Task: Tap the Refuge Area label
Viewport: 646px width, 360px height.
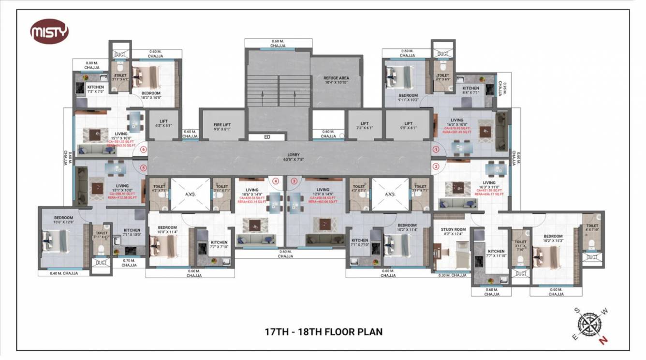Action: [337, 80]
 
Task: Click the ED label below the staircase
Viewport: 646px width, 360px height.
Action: [267, 137]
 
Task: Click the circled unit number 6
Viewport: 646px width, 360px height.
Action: [143, 150]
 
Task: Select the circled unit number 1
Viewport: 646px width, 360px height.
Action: [436, 150]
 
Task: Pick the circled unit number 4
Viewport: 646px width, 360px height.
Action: [276, 181]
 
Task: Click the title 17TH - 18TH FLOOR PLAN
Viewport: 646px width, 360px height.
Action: [323, 332]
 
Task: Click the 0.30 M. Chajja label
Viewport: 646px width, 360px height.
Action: [453, 275]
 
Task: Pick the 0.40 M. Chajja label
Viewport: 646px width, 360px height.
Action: [63, 273]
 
